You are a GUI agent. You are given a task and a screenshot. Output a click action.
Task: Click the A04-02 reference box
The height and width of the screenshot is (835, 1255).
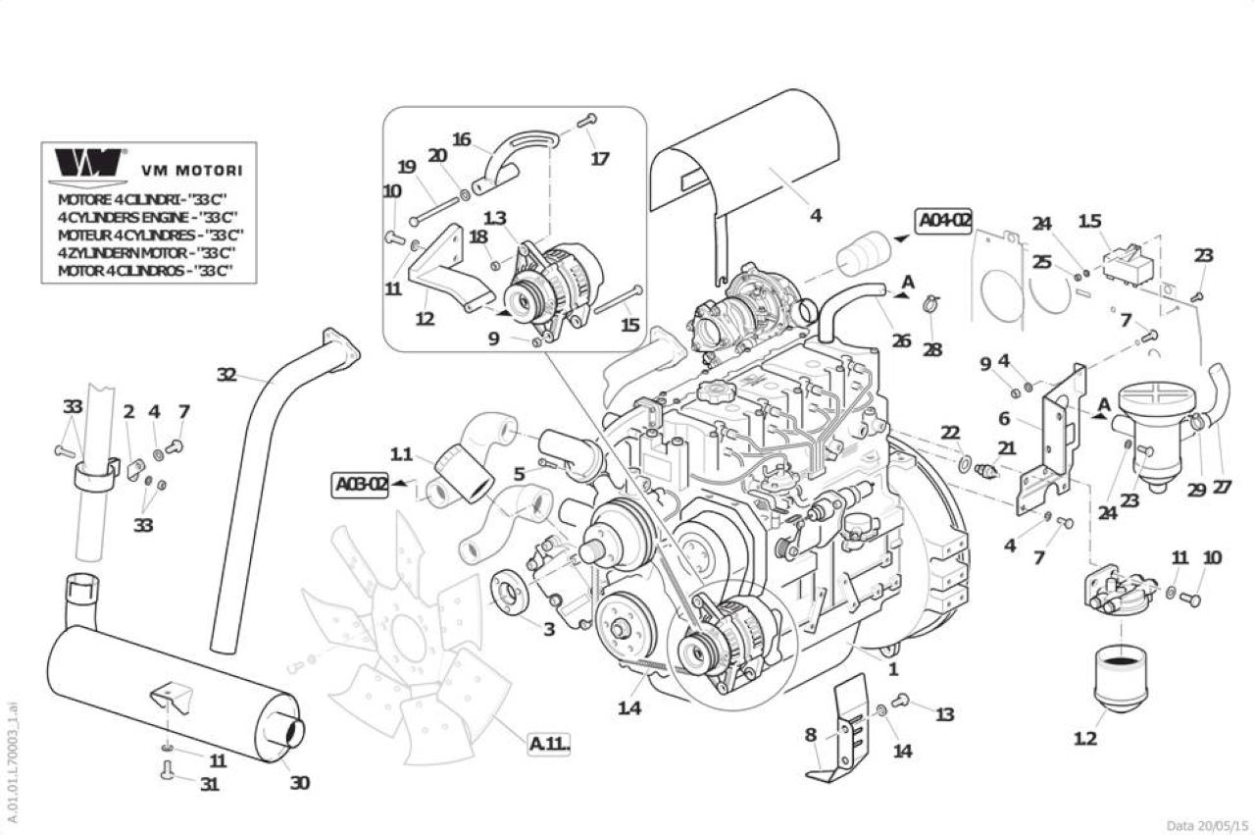[944, 221]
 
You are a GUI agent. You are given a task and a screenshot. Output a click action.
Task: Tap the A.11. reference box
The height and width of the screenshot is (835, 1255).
[550, 744]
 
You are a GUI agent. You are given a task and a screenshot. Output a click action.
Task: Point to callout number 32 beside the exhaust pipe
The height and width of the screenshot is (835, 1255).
[226, 374]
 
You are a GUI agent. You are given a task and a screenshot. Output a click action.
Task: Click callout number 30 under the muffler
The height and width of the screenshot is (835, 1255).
[300, 782]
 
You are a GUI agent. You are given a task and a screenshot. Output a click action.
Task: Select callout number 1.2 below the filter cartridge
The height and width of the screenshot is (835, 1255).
[1084, 739]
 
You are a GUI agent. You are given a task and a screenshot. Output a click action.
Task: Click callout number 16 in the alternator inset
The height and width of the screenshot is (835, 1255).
[462, 139]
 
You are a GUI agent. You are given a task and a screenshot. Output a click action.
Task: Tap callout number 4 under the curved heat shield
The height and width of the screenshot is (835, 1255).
[817, 215]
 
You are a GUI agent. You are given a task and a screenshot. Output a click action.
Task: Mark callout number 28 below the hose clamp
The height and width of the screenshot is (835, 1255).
[932, 350]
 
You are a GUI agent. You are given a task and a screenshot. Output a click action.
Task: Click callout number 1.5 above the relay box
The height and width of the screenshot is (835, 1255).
[1089, 222]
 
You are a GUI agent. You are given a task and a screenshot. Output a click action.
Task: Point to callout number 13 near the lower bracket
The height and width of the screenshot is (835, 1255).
[944, 714]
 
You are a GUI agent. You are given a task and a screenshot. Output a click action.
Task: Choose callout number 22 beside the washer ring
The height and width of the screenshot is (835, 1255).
[950, 433]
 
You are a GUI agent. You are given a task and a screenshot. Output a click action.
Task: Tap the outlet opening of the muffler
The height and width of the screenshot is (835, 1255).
[292, 730]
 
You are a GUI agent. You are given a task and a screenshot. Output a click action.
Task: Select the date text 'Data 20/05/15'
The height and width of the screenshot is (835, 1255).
[1207, 825]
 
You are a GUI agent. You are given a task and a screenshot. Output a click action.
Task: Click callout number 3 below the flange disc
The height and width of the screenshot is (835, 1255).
[549, 629]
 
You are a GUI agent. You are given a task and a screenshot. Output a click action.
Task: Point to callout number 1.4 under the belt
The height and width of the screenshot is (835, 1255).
[629, 708]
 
